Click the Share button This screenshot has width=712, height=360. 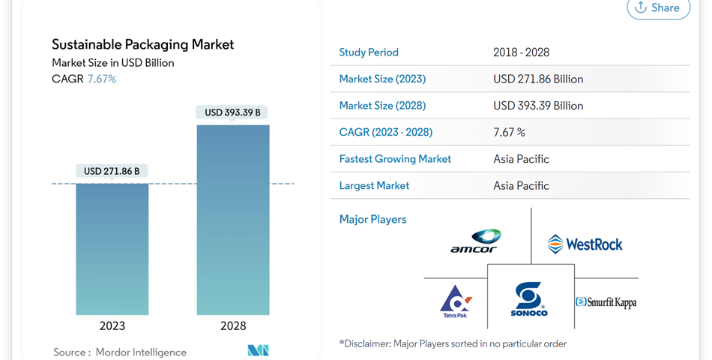[x=657, y=8]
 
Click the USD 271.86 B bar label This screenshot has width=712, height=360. [x=112, y=171]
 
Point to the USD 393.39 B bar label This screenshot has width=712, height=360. [x=232, y=112]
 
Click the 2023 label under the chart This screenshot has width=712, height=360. [x=112, y=326]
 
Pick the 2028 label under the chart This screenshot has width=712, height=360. [x=232, y=326]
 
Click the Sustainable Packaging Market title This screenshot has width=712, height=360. [x=142, y=44]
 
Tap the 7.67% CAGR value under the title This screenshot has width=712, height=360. [x=102, y=79]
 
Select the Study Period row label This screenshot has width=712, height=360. [x=369, y=52]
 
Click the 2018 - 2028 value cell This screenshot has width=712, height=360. [x=521, y=52]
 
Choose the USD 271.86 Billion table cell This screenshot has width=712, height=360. [x=538, y=79]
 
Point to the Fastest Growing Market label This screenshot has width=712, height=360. [x=395, y=159]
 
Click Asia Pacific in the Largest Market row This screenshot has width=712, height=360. [x=521, y=185]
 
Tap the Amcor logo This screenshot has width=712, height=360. [x=475, y=241]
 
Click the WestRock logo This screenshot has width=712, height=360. [x=585, y=244]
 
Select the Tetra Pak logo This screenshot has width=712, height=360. [x=456, y=301]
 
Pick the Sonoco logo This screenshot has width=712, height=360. [x=529, y=299]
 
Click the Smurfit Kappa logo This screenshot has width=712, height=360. [x=606, y=302]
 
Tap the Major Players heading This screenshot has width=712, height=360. [x=372, y=220]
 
